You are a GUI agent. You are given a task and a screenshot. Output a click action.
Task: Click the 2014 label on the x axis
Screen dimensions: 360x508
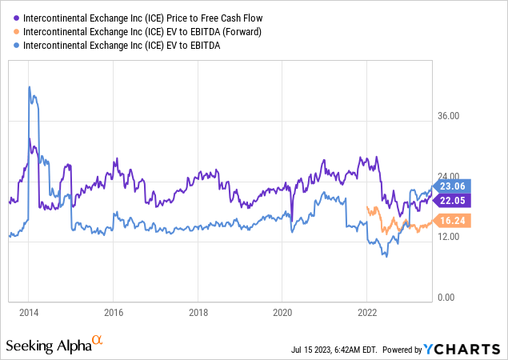[x=28, y=313]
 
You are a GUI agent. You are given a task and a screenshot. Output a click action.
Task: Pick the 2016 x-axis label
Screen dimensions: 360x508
[x=113, y=313]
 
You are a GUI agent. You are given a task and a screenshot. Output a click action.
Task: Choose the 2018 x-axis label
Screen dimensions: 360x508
[x=198, y=313]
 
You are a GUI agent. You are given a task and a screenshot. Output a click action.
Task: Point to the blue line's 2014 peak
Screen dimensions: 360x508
[x=29, y=86]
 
